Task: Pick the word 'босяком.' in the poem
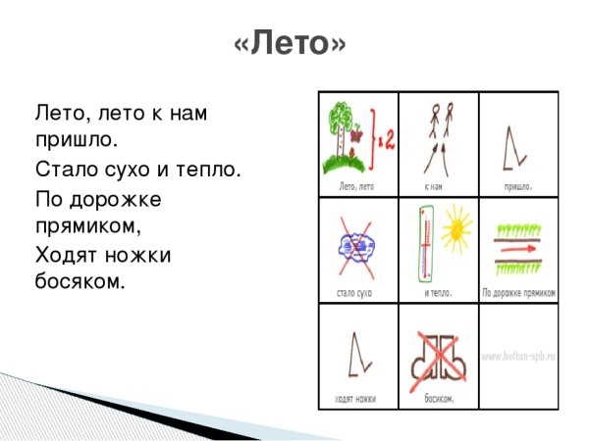[x=80, y=283]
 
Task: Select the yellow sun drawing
[x=455, y=231]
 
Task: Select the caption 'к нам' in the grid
[x=438, y=184]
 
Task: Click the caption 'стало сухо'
[x=357, y=292]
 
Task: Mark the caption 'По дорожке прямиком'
[x=519, y=292]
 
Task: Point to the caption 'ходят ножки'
[x=356, y=399]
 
